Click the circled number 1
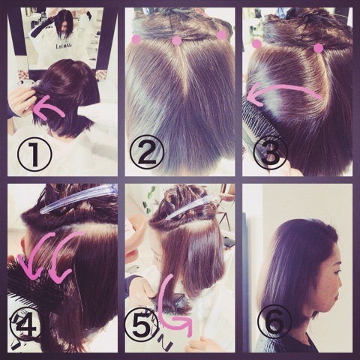pos(34,153)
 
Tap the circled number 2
pos(148,152)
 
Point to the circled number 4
pos(25,326)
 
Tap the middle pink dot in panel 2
pos(177,41)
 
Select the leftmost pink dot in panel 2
pos(136,40)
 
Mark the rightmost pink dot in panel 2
pos(221,35)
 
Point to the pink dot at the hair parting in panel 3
pos(318,48)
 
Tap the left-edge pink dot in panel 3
pos(256,43)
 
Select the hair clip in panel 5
pos(191,208)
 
